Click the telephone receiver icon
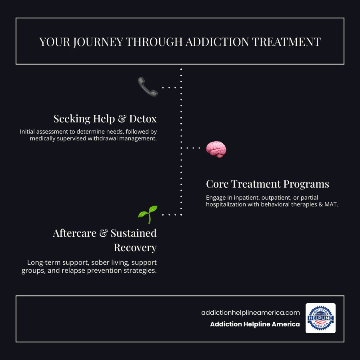pos(148,87)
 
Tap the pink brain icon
pos(216,149)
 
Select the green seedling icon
pos(147,214)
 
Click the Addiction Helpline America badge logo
pos(320,318)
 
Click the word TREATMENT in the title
pos(288,42)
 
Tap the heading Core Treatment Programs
pos(267,184)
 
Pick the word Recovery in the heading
pos(135,248)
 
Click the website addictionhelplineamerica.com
pos(250,313)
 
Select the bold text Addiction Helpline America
pos(255,324)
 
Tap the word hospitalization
pos(226,204)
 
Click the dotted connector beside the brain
pos(193,148)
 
